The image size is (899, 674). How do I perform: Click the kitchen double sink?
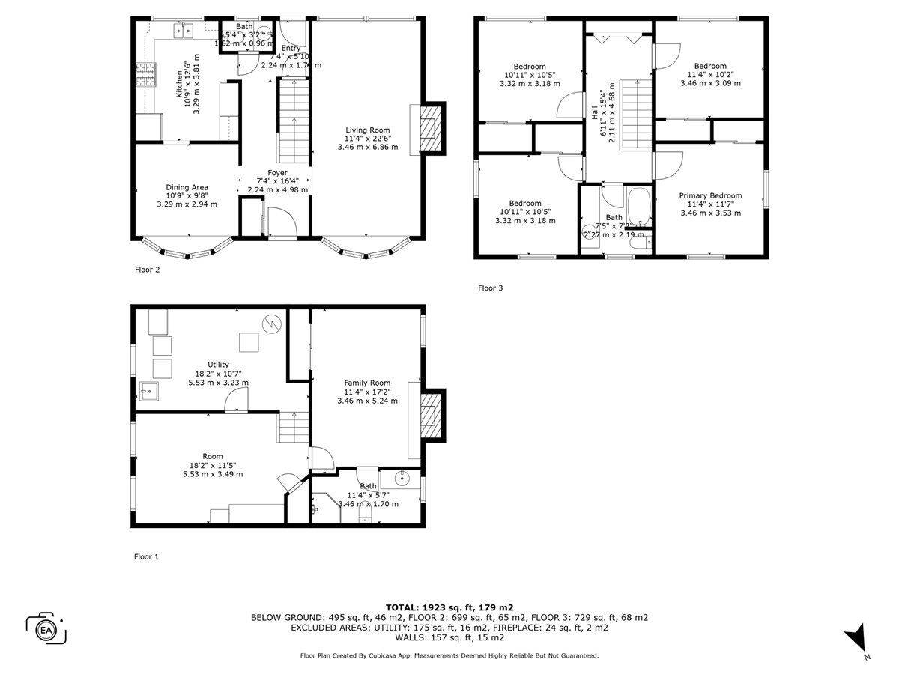[x=182, y=31]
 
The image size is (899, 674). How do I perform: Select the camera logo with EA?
[x=46, y=628]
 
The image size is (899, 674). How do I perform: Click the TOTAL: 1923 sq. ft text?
[x=449, y=607]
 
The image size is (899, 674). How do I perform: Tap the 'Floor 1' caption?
[x=147, y=556]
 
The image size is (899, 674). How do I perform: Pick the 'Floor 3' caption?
[x=491, y=288]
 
